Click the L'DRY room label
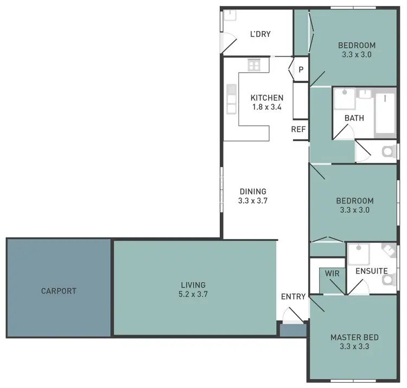coord(260,34)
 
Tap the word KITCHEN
coord(266,98)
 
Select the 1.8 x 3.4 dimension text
coord(266,107)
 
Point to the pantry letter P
coord(300,69)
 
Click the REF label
coord(298,129)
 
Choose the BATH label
coord(354,118)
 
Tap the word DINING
coord(253,191)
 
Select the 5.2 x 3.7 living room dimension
coord(194,294)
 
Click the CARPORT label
coord(59,291)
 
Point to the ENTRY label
coord(293,297)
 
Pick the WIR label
coord(332,274)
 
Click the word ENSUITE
coord(371,271)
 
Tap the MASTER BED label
coord(354,337)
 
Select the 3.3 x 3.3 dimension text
coord(354,346)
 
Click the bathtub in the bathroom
coord(385,112)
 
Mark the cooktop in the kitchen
coord(254,65)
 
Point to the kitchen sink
coord(232,97)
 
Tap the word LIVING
coord(193,285)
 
